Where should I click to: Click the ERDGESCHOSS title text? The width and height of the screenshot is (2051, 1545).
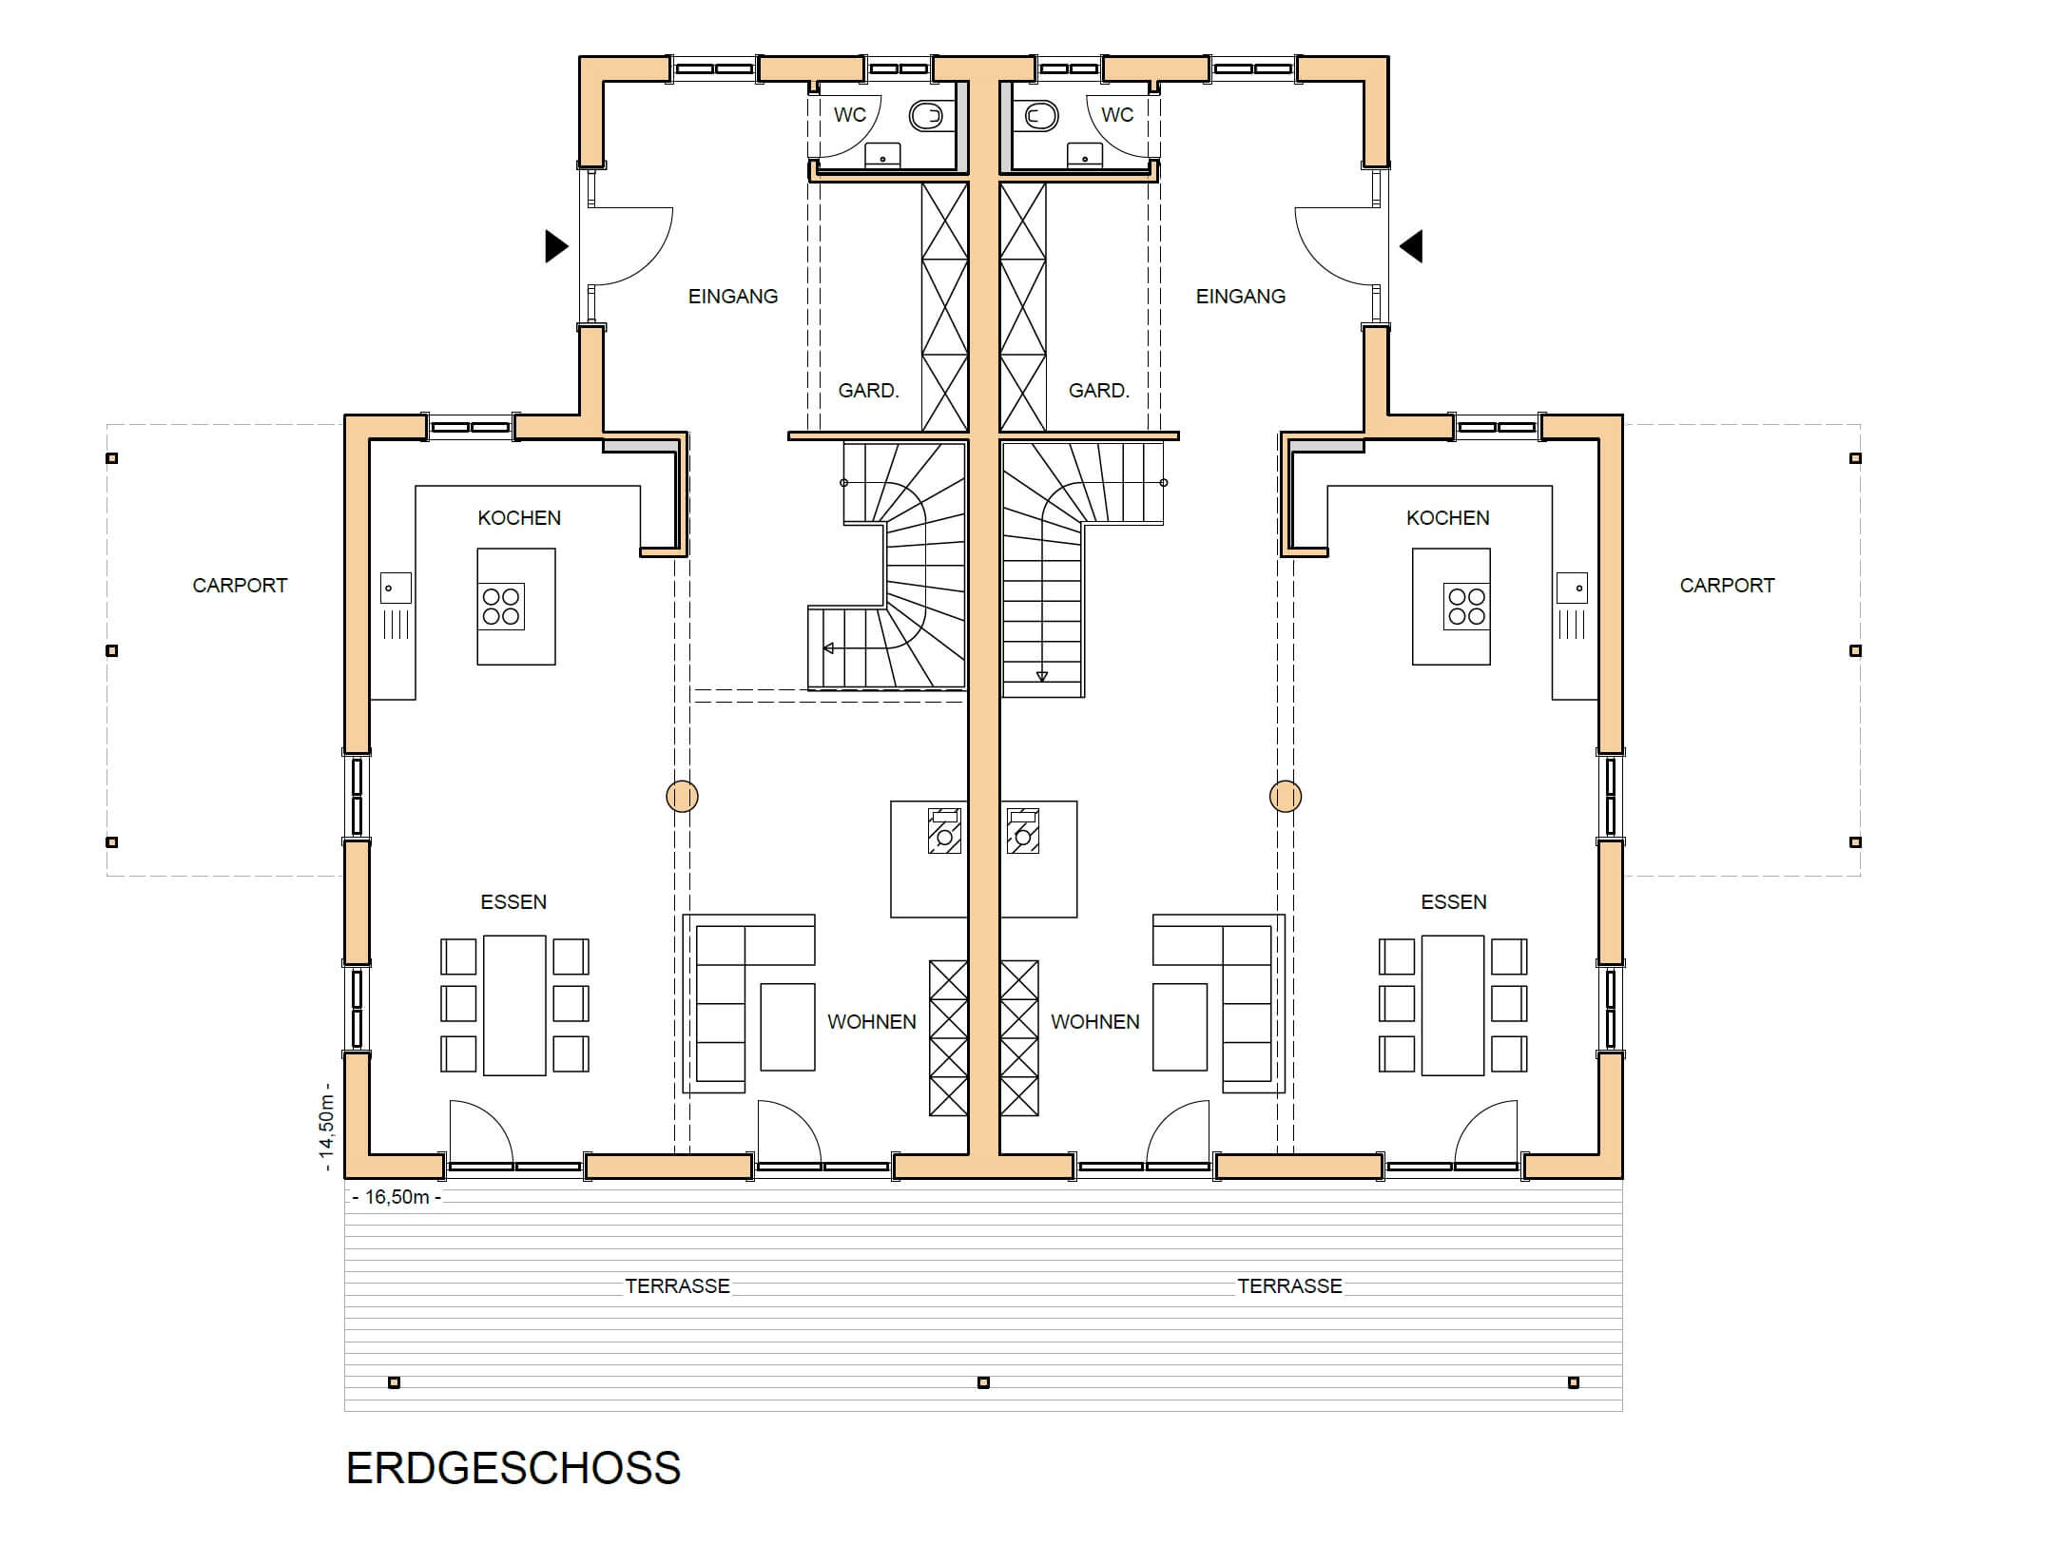[x=513, y=1468]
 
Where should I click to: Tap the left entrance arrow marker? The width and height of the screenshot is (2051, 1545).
[x=556, y=246]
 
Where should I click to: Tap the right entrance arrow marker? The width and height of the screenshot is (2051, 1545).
[x=1411, y=246]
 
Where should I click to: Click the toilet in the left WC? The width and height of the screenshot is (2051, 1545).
[x=927, y=116]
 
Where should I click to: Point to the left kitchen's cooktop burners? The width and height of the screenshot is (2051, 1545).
[x=501, y=607]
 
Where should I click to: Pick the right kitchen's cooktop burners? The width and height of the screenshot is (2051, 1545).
[x=1465, y=607]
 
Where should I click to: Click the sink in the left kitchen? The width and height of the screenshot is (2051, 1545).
[x=396, y=588]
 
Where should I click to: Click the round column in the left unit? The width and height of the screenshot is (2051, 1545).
[x=682, y=796]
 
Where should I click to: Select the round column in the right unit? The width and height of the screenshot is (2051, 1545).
[x=1286, y=796]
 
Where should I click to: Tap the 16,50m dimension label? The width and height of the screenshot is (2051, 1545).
[x=397, y=1197]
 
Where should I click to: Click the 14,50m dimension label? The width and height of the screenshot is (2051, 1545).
[x=326, y=1127]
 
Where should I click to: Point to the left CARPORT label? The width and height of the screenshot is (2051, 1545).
[x=240, y=586]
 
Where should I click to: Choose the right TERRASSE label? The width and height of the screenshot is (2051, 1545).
[x=1289, y=1286]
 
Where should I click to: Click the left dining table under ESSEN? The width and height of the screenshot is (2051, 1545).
[x=514, y=1005]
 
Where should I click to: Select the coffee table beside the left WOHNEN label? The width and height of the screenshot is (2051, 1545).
[x=787, y=1027]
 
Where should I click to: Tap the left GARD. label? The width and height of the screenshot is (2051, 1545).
[x=868, y=391]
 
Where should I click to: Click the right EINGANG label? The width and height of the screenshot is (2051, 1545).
[x=1240, y=297]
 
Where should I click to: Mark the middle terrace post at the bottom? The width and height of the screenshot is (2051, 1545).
[x=983, y=1382]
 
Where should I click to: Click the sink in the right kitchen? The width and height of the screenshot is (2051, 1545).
[x=1572, y=588]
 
